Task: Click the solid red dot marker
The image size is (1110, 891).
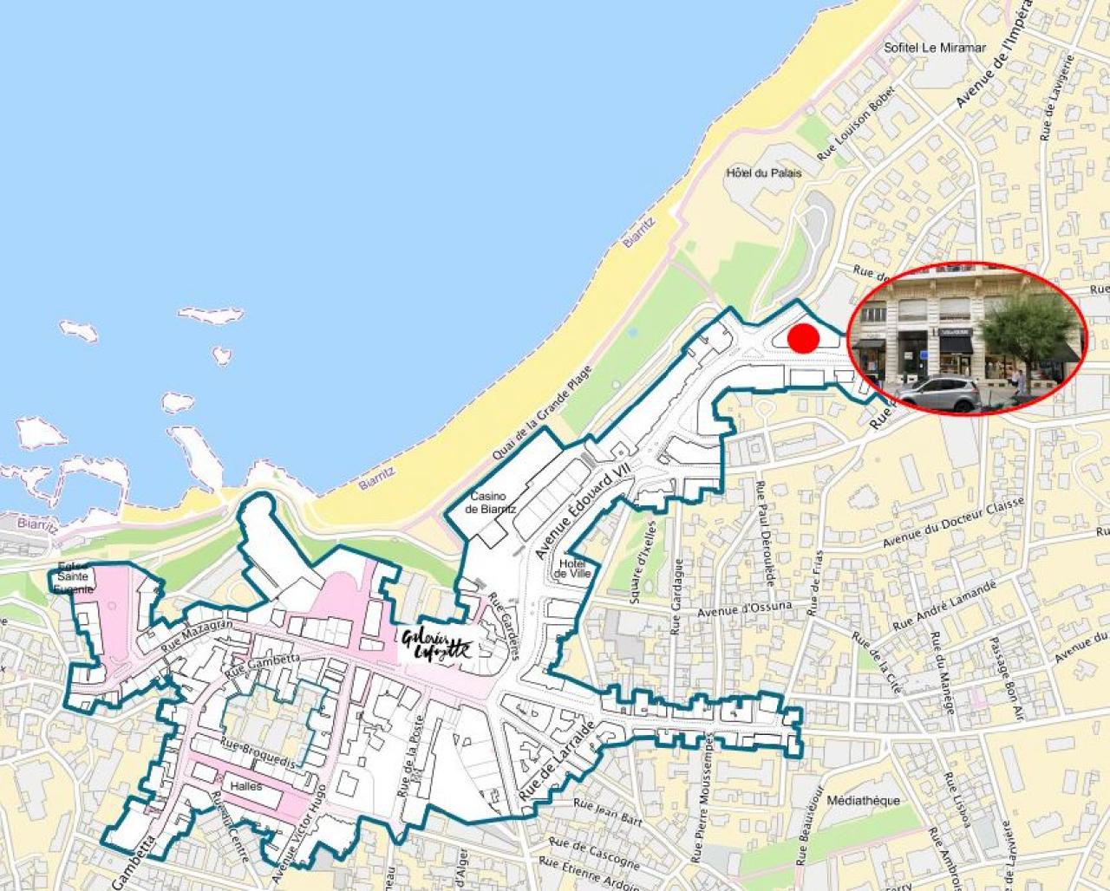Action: click(803, 338)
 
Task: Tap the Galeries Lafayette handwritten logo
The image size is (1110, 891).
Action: click(436, 644)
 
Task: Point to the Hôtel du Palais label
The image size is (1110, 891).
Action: click(763, 172)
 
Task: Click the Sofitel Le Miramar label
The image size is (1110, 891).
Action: click(934, 48)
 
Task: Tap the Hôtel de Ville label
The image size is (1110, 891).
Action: click(573, 569)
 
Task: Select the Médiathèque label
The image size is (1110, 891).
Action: click(864, 800)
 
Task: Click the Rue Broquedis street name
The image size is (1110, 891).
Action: click(258, 752)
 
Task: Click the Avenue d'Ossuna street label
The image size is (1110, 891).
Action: click(745, 609)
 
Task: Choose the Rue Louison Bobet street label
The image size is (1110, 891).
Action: click(853, 128)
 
